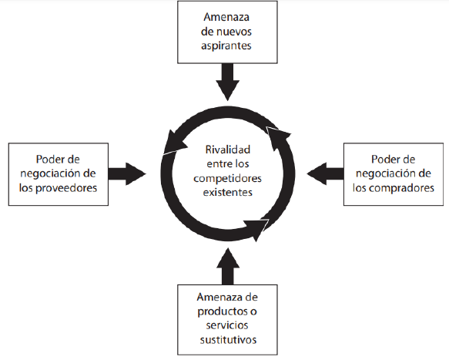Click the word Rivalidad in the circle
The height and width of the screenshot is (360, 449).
tap(228, 150)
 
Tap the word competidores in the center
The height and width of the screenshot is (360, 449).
tap(228, 178)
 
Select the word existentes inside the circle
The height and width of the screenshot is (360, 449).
tap(228, 192)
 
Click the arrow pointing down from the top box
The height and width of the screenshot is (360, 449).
tap(228, 82)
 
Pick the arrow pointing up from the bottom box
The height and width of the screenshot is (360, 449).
tap(228, 266)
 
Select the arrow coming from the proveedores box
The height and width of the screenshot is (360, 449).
tap(127, 173)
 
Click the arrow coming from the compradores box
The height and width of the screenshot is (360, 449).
tap(325, 173)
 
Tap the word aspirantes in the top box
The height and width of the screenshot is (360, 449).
tap(226, 45)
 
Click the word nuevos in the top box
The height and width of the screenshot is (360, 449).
tap(235, 32)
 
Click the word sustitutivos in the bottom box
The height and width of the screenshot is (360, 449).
tap(228, 340)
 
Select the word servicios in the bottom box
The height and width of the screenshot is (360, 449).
tap(227, 325)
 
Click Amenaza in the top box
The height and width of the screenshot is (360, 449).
tap(226, 17)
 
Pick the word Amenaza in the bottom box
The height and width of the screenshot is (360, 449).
tap(219, 298)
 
